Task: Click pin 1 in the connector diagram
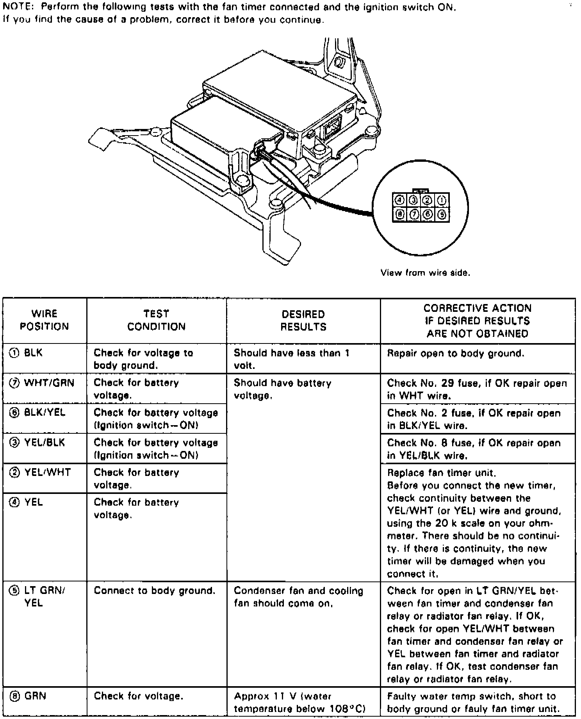[442, 200]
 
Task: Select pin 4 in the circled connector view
[399, 200]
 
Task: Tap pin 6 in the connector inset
[428, 214]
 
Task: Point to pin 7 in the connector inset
[413, 214]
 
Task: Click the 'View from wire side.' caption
[425, 273]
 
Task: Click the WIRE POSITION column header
[45, 320]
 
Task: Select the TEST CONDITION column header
[156, 320]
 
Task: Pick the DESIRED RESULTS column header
[303, 320]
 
